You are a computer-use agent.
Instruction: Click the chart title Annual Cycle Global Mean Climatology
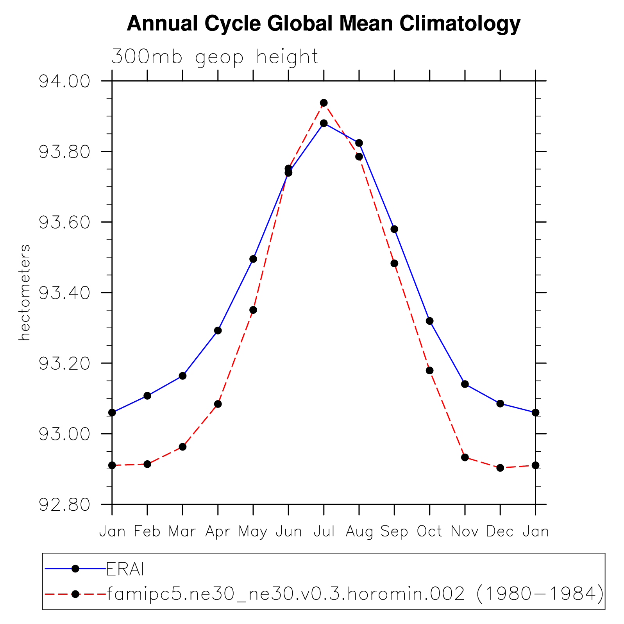pos(323,23)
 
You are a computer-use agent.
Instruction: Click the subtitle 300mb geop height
pos(215,57)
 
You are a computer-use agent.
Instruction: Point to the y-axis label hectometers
pos(24,292)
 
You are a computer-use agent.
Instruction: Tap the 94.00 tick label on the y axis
pos(64,81)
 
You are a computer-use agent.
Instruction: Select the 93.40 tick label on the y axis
pos(64,293)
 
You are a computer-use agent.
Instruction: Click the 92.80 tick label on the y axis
pos(64,504)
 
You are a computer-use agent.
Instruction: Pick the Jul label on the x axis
pos(324,531)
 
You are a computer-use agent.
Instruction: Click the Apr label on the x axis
pos(218,531)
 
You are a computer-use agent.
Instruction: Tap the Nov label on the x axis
pos(465,531)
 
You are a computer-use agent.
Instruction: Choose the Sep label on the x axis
pos(394,531)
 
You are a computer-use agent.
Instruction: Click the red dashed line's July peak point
pos(324,103)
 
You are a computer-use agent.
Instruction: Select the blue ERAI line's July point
pos(324,123)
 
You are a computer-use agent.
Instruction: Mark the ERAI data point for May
pos(253,259)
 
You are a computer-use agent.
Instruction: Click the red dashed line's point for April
pos(218,404)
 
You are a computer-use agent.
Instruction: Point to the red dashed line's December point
pos(500,468)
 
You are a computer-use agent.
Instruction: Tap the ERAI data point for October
pos(429,321)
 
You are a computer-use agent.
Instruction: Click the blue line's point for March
pos(182,376)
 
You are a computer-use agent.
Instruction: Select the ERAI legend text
pos(125,570)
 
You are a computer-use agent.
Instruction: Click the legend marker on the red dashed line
pos(75,594)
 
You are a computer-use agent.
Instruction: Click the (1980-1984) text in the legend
pos(540,594)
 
